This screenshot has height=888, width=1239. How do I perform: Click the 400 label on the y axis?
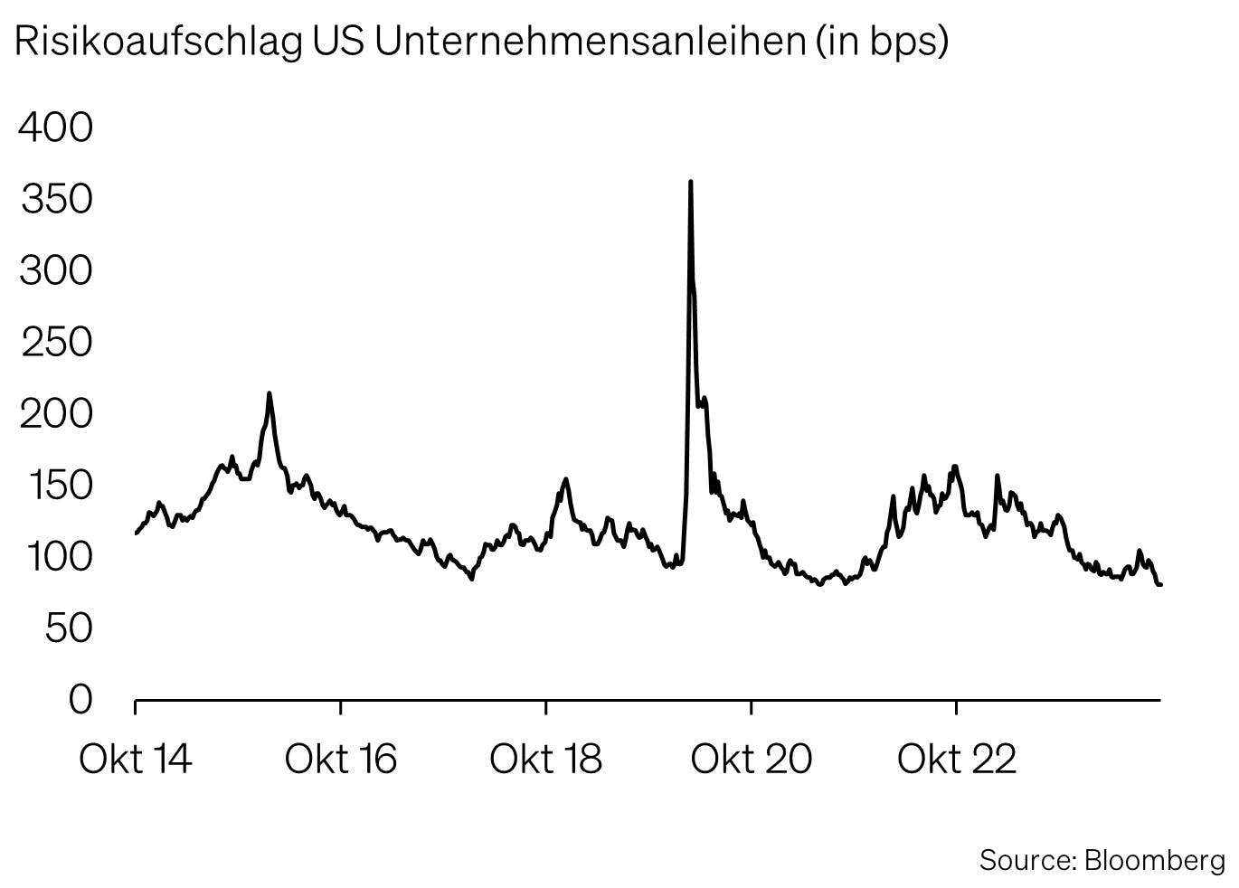(x=56, y=128)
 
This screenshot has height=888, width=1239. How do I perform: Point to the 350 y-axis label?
(x=56, y=199)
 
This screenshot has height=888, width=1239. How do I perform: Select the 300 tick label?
(x=56, y=270)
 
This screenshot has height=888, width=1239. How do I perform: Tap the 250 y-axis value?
(x=56, y=342)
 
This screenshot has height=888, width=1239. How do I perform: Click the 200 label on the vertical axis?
(x=56, y=413)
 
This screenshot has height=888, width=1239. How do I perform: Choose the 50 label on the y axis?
(x=69, y=628)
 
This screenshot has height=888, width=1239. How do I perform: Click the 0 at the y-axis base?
(x=81, y=699)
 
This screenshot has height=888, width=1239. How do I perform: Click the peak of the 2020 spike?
(x=691, y=182)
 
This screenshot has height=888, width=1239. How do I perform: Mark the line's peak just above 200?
(x=270, y=393)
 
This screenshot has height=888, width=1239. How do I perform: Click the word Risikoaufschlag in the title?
(x=158, y=43)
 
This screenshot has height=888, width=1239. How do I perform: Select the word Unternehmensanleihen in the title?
(x=590, y=43)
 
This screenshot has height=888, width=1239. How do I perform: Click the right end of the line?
(x=1160, y=585)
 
